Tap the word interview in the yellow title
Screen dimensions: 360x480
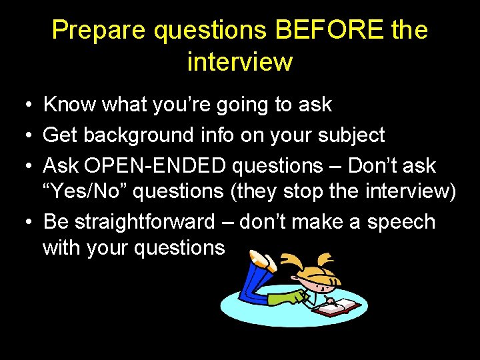(x=239, y=62)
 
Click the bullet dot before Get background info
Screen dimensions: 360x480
(x=23, y=136)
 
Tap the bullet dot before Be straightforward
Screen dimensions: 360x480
(x=23, y=222)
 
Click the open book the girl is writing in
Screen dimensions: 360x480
(x=338, y=308)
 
